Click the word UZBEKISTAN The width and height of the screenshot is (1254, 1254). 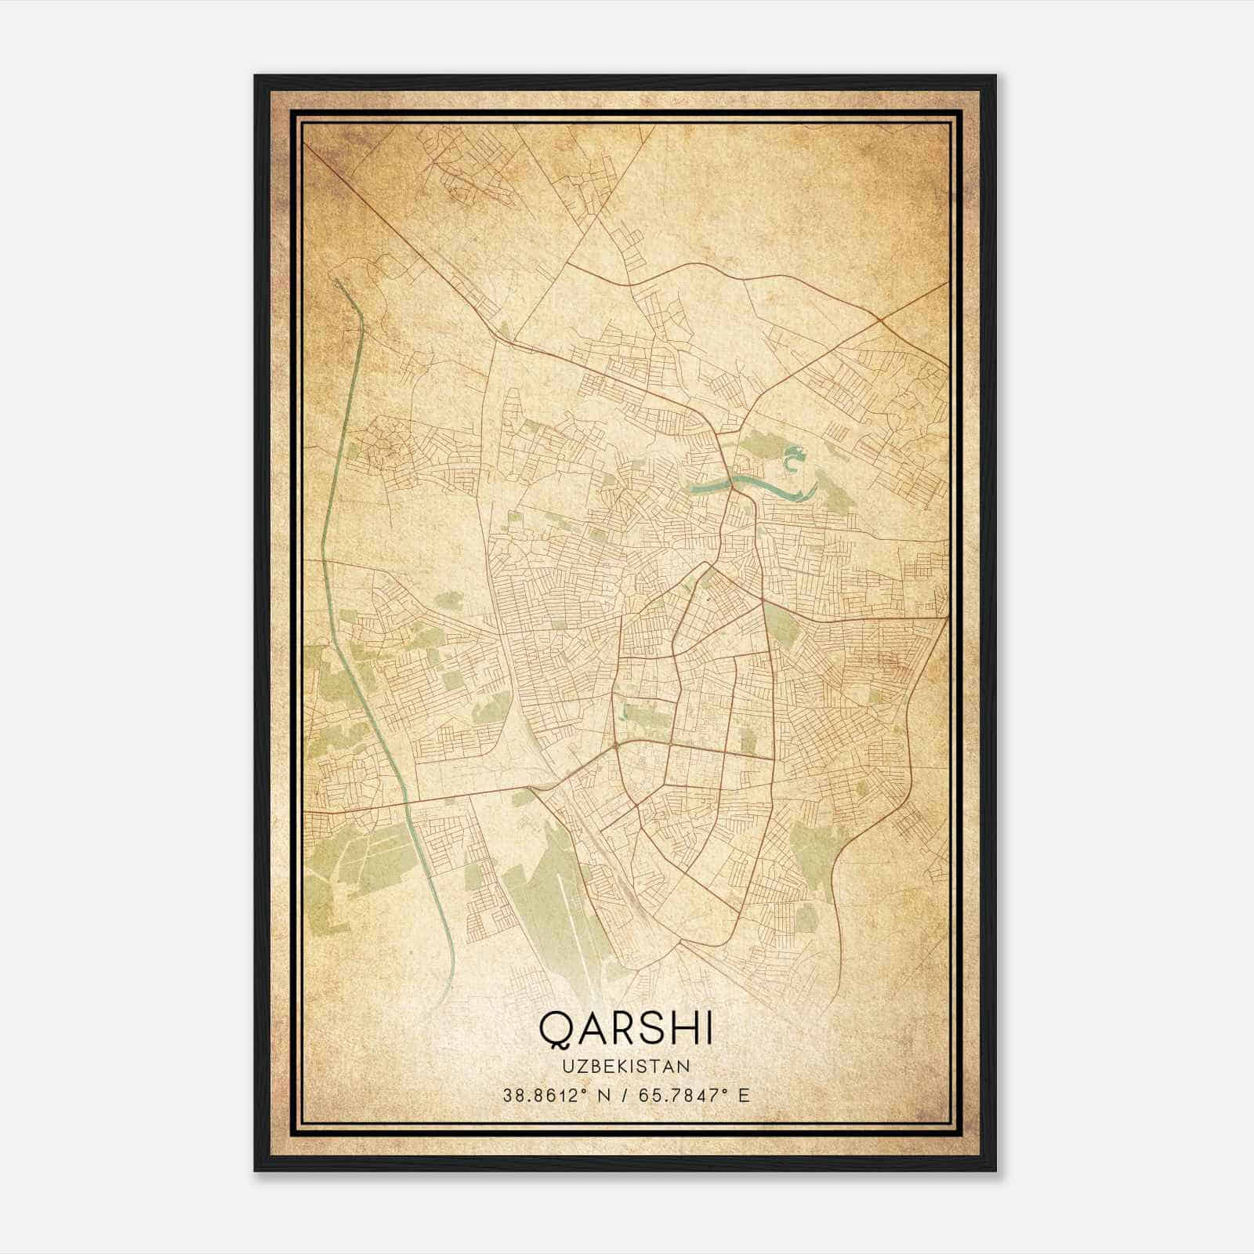coord(626,1066)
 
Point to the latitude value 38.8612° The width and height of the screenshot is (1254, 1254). coord(545,1095)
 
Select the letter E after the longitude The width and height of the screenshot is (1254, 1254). coord(744,1095)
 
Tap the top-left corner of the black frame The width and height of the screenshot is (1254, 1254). coord(256,77)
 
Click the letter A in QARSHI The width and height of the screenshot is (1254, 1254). coord(589,1028)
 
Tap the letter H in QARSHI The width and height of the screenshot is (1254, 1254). coord(680,1028)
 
